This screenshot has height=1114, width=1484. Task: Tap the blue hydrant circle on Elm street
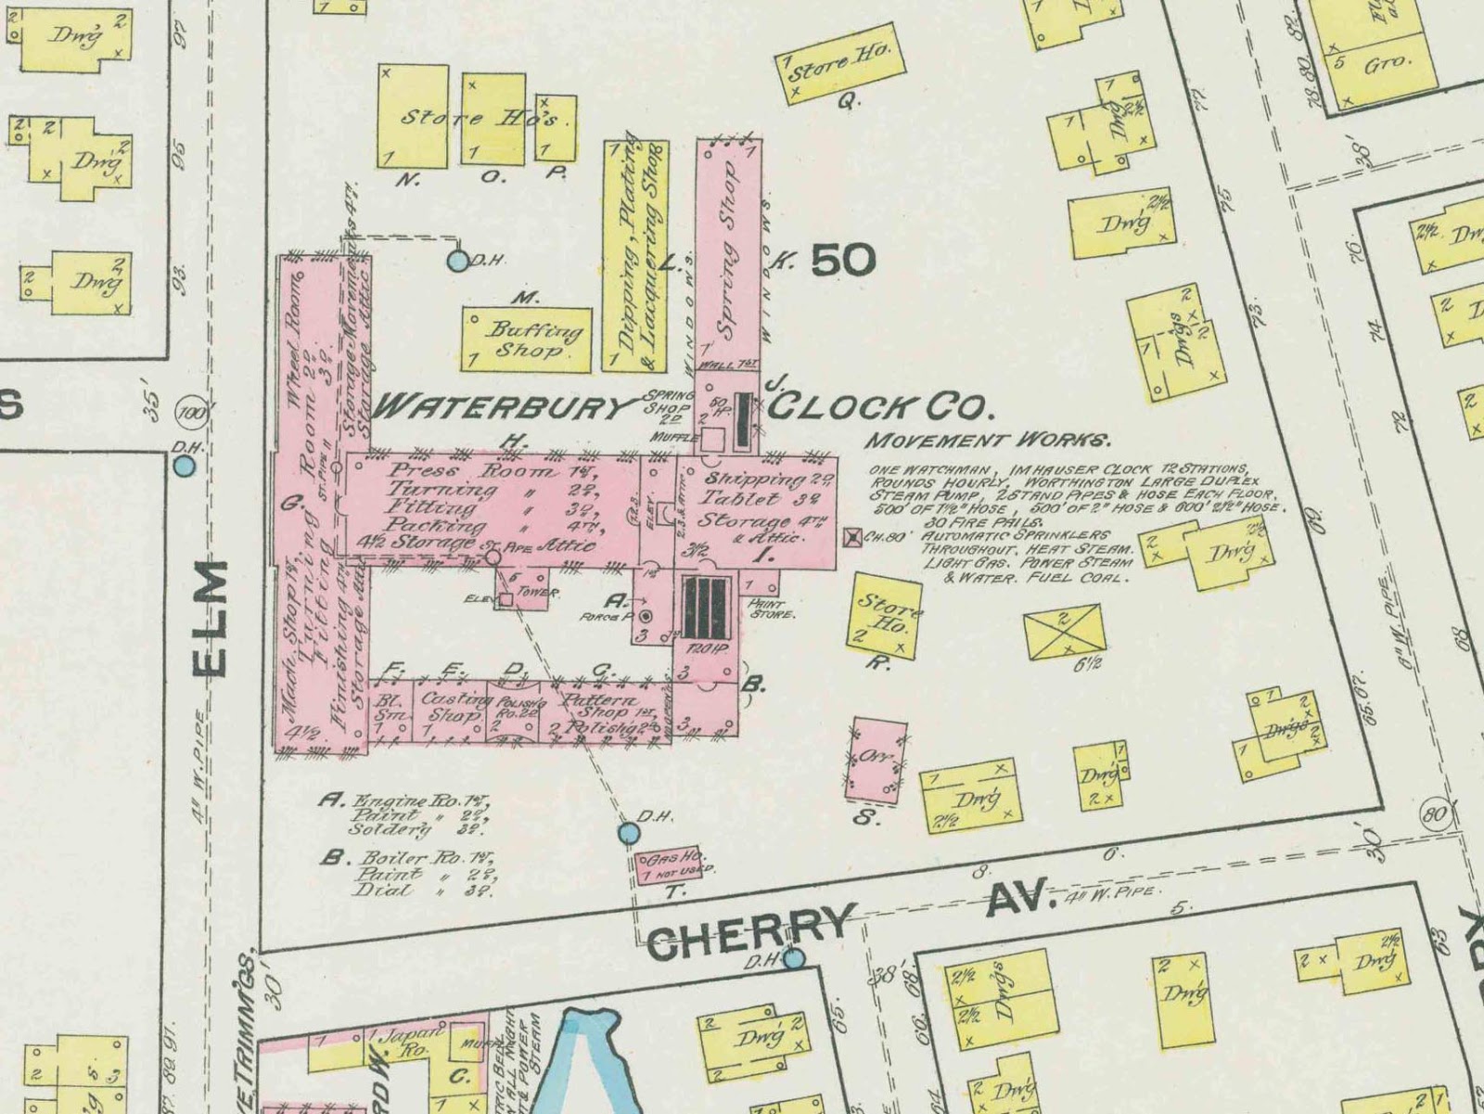(185, 466)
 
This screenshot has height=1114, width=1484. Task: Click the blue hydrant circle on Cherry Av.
(793, 957)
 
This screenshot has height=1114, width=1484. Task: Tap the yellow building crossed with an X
(1064, 631)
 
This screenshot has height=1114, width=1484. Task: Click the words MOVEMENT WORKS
(988, 440)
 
